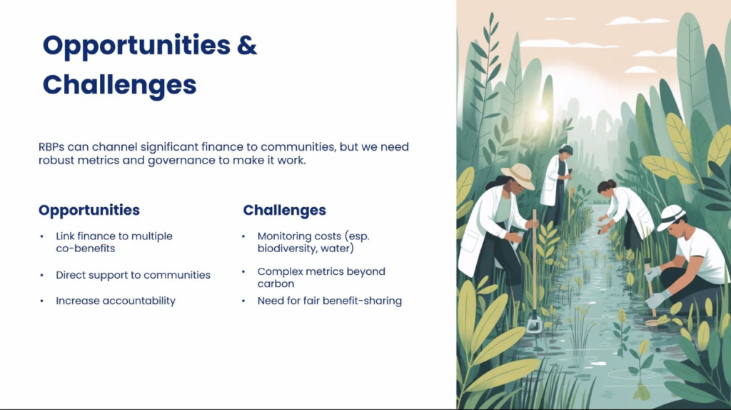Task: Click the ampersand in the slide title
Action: (246, 45)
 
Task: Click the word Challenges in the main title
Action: (120, 85)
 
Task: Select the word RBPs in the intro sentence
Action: (51, 147)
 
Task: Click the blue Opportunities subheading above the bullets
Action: (89, 210)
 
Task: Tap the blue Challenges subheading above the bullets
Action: (284, 210)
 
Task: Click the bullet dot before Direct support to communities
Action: (42, 275)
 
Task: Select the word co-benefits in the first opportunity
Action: (86, 248)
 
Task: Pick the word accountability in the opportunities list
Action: (139, 301)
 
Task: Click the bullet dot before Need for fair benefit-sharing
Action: (243, 301)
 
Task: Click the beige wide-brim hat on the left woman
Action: (518, 176)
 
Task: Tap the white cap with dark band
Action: (670, 217)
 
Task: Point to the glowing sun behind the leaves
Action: (541, 115)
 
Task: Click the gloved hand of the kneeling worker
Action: (657, 299)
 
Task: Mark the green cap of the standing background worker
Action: (566, 149)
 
